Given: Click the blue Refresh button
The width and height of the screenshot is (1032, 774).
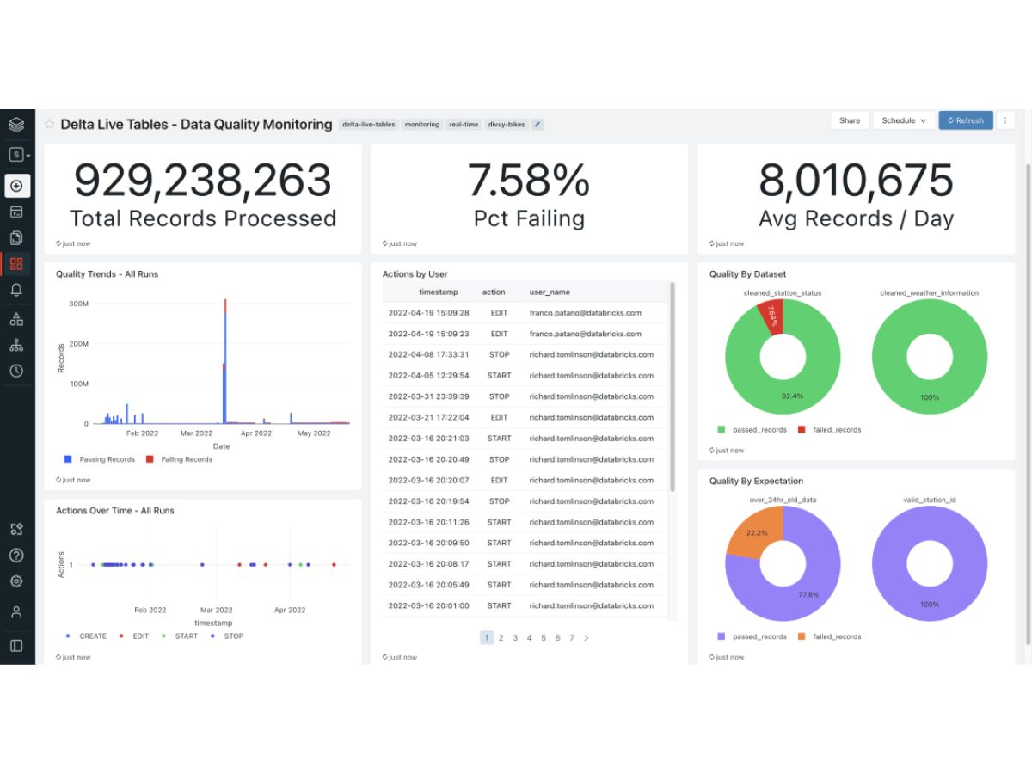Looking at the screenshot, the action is pos(965,120).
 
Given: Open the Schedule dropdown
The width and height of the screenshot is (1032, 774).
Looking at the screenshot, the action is pos(903,120).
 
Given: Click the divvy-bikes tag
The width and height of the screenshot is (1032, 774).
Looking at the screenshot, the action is pos(506,125).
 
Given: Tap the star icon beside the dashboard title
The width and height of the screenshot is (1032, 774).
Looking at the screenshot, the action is pos(49,124).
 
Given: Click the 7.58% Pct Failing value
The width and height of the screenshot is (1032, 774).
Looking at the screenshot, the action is pos(528,181).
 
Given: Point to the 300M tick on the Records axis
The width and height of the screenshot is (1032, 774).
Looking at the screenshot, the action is pos(78,304).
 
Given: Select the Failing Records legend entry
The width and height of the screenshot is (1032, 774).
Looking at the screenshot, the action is pos(179,459).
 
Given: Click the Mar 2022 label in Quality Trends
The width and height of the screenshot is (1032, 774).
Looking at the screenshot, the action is pos(196,433).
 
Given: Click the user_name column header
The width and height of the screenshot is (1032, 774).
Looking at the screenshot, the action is pos(550,292).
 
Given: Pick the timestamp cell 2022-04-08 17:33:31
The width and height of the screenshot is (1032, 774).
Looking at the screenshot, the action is pos(428,355).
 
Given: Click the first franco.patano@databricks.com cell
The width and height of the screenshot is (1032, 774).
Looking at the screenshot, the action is pos(585,313).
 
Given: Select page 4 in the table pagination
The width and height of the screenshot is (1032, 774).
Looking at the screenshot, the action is pos(529,638).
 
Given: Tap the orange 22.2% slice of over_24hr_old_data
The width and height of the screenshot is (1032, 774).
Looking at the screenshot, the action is pos(755,532).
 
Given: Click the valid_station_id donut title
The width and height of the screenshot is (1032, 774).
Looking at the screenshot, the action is pos(929,500).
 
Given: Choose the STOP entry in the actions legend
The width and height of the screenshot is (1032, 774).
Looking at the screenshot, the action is pos(227,636).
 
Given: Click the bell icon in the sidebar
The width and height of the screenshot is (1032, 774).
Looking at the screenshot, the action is pos(16,290).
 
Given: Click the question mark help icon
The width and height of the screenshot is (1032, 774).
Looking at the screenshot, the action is pos(16,556).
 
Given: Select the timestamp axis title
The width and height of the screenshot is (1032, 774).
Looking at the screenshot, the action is pos(213,623).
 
